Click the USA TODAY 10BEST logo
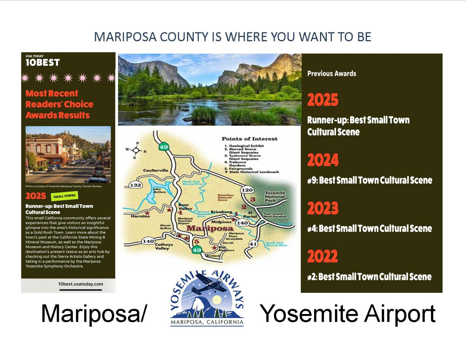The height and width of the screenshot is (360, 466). (x=43, y=61)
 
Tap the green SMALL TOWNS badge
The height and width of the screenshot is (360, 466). (x=64, y=196)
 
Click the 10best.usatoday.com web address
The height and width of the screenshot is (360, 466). (x=80, y=284)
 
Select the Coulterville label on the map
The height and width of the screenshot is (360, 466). (x=155, y=170)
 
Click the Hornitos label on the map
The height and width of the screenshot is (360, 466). (x=140, y=216)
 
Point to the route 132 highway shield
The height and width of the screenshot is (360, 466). (x=135, y=185)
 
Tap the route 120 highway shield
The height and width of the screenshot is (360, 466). (x=247, y=190)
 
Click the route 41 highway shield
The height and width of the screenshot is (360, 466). (x=253, y=244)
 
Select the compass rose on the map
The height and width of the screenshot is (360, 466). (x=136, y=150)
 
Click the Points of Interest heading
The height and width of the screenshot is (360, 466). (x=249, y=139)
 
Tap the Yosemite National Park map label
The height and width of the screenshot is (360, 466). (x=275, y=196)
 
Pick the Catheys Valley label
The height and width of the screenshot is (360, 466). (x=164, y=246)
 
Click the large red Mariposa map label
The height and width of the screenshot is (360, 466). (x=209, y=228)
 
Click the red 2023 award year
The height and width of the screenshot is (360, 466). (x=323, y=208)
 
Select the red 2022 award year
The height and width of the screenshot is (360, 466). (x=322, y=256)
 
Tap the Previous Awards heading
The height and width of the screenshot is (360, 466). (x=331, y=74)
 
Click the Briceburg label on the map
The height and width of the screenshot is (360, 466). (x=221, y=212)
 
